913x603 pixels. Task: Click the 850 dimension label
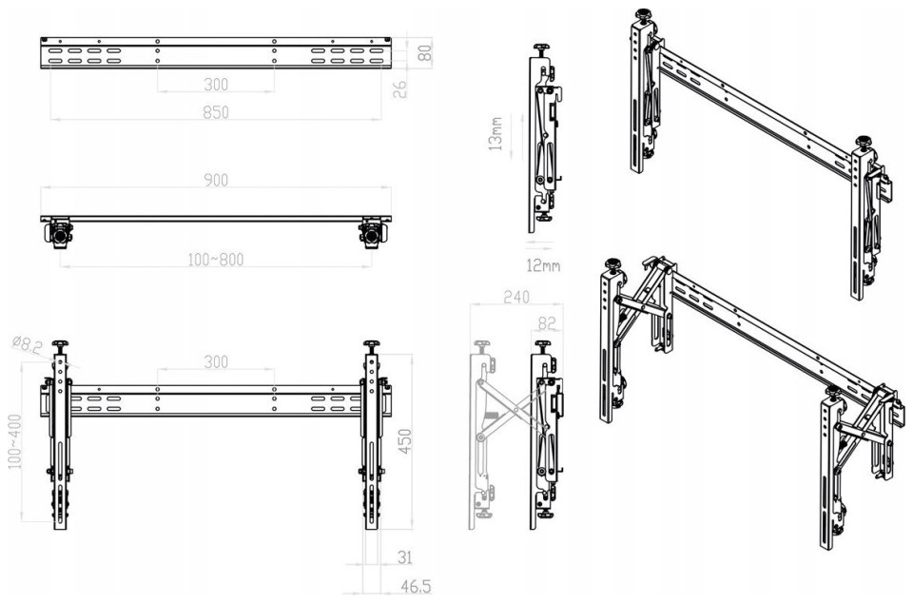pos(216,111)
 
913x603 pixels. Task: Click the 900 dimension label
pos(216,180)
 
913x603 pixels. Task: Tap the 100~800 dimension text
pos(216,260)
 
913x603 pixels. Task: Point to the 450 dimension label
pos(405,441)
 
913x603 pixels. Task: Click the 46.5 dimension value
pos(416,586)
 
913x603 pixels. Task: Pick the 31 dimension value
pos(405,557)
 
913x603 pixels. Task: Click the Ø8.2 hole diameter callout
pos(27,345)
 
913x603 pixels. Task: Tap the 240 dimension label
pos(515,297)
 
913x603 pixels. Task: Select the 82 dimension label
pos(547,323)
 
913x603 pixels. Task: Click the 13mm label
pos(495,134)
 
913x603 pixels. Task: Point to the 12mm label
pos(543,266)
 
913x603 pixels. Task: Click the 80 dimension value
pos(426,53)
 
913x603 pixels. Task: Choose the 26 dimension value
pos(399,89)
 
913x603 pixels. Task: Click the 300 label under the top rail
pos(216,85)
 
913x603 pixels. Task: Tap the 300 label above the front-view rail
pos(216,362)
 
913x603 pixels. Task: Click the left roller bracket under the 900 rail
pos(58,233)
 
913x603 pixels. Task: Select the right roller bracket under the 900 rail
pos(373,233)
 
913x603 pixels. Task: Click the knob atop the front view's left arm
pos(60,346)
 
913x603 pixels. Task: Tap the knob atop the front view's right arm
pos(371,346)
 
